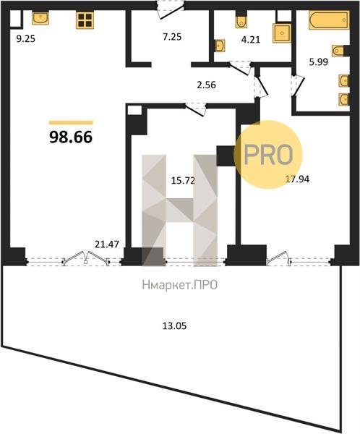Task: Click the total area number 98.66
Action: coord(71,137)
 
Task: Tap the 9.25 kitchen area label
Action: coord(25,39)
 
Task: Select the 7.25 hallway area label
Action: coord(172,37)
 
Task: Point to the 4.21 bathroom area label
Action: coord(251,40)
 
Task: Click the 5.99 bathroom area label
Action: coord(319,61)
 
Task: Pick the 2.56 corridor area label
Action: coord(207,85)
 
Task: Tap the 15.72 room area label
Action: coord(183,181)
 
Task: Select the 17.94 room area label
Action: coord(297,179)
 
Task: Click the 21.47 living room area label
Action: coord(107,244)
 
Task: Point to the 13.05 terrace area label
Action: coord(174,325)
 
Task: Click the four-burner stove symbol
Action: coord(85,20)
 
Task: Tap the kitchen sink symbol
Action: coord(40,18)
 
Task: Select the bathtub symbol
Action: coord(329,20)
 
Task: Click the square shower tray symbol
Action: coord(282,33)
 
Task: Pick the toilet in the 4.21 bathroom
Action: coord(241,21)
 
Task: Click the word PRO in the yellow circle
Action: coord(268,155)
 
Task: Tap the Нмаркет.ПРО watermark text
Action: coord(180,285)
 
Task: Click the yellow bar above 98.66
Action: coord(71,123)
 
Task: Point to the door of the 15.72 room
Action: coord(196,109)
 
